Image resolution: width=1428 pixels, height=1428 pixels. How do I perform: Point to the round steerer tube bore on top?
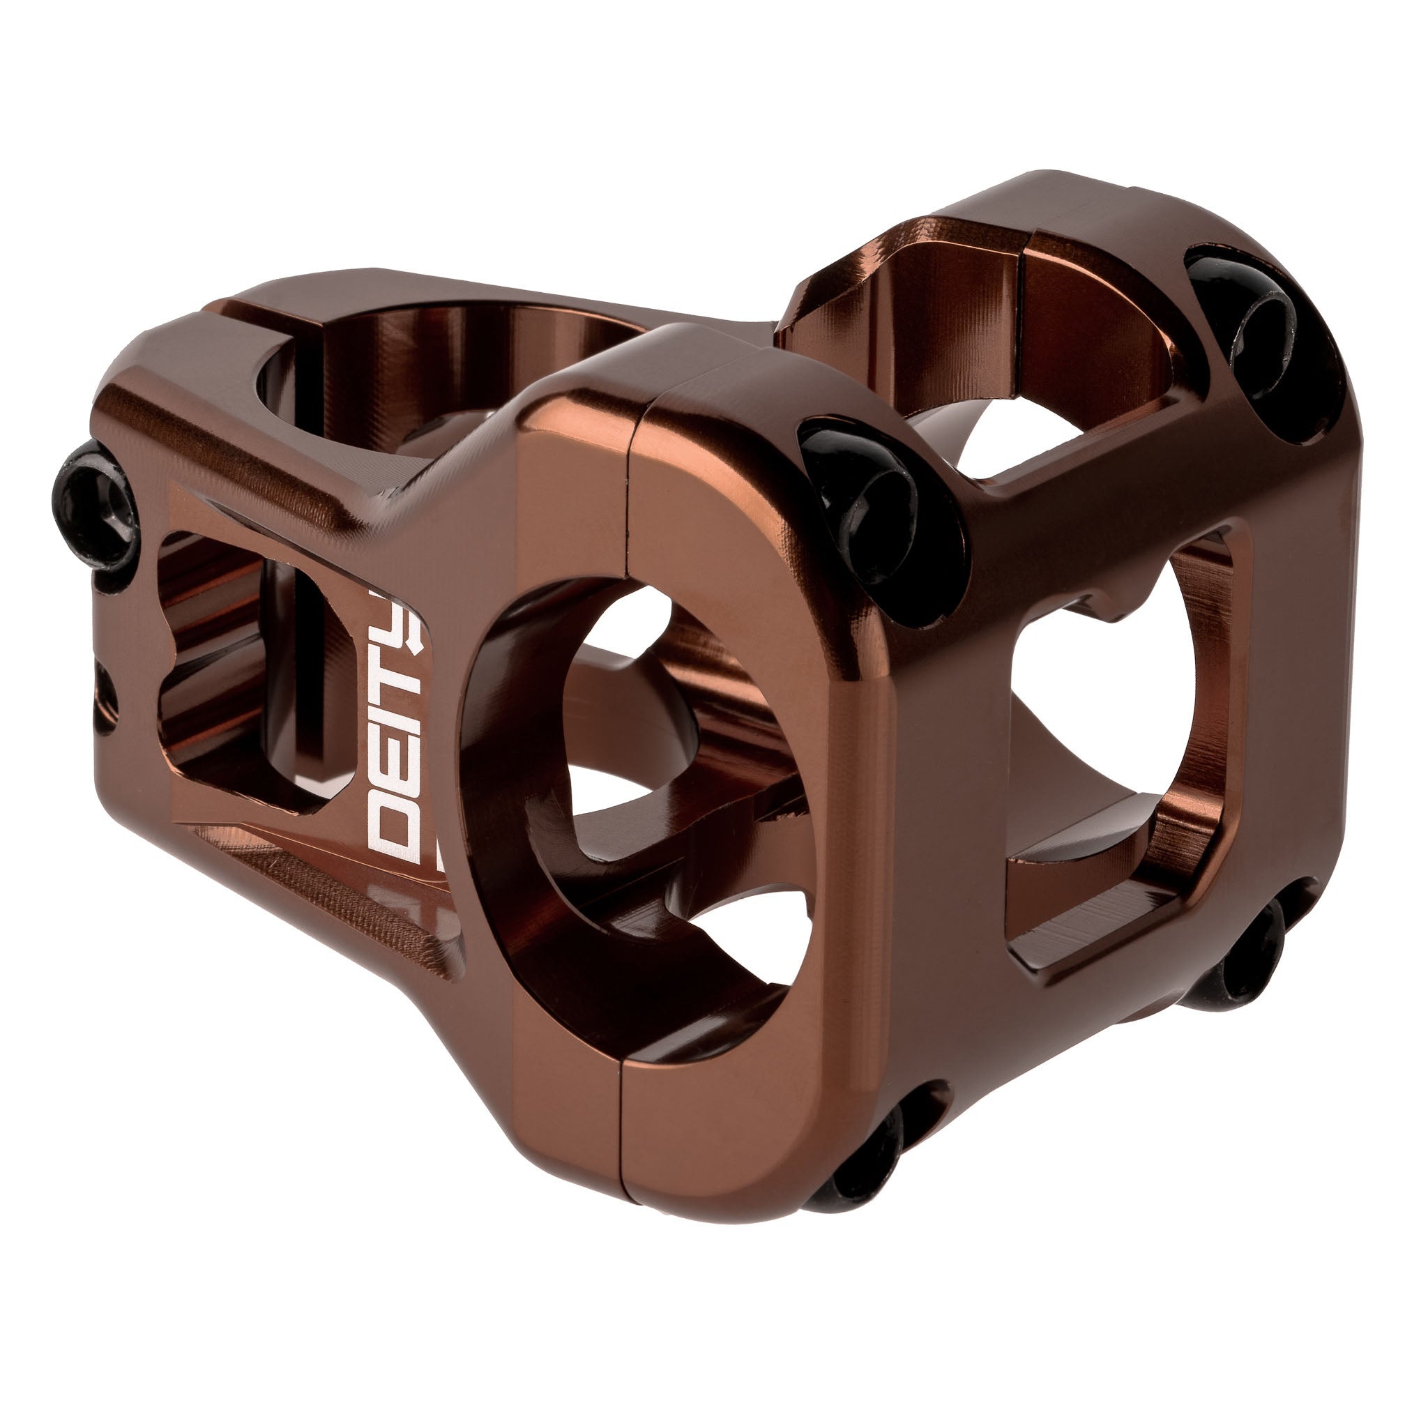(x=443, y=362)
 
